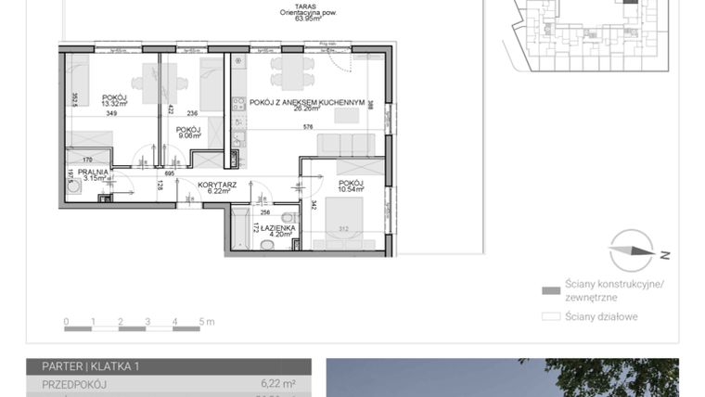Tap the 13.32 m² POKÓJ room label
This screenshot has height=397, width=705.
pos(115,100)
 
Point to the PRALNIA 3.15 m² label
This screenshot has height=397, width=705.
pos(93,174)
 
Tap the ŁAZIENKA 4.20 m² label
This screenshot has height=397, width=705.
pos(278,230)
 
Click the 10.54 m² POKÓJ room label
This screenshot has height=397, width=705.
pos(351,186)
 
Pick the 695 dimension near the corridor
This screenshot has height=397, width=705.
pos(170,173)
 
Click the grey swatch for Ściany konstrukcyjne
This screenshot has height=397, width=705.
pos(550,289)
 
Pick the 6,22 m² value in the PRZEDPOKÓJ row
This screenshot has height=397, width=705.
pos(278,382)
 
